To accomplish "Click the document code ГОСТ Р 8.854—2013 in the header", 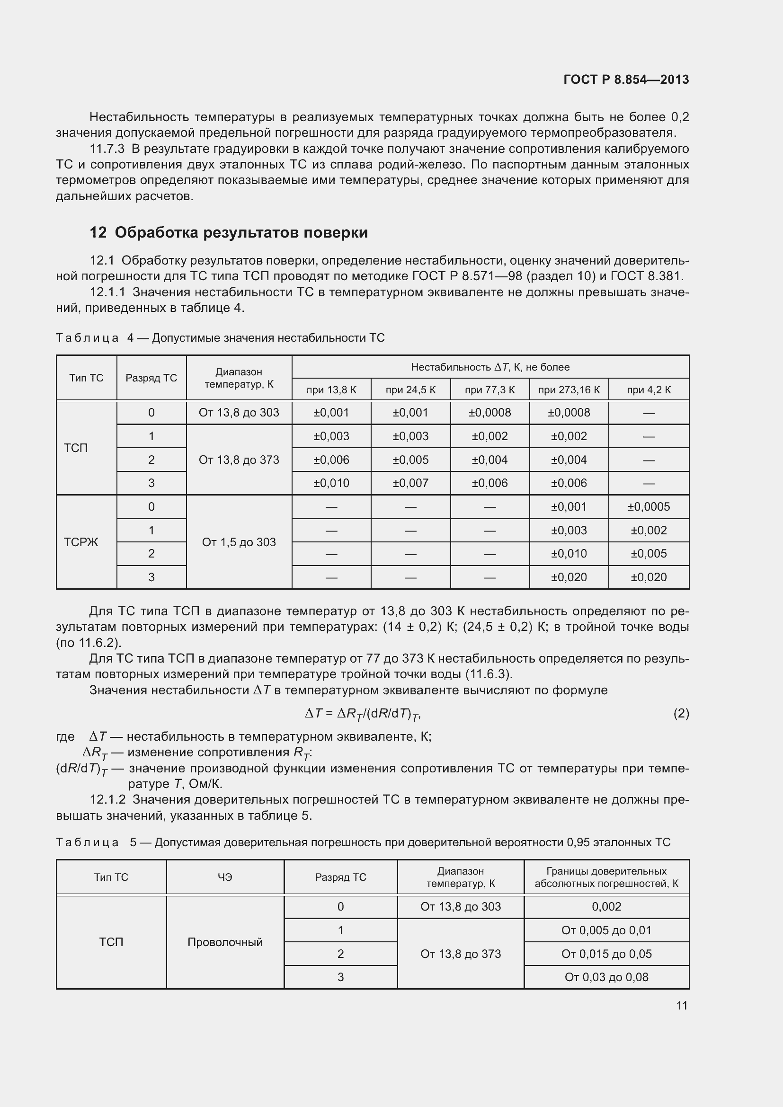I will [x=626, y=80].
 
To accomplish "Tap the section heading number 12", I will [x=98, y=232].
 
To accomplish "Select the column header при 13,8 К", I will [x=331, y=390].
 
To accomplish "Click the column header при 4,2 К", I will [x=649, y=390].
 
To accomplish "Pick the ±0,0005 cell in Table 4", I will [x=649, y=507].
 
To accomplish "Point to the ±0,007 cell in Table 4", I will [x=410, y=483].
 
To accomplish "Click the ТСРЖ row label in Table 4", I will [x=81, y=542].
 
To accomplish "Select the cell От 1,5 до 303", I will [x=239, y=542].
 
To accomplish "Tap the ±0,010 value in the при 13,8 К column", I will [x=331, y=483].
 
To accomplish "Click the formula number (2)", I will [x=681, y=713].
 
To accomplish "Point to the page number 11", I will [x=681, y=1005].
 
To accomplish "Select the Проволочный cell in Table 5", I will [x=225, y=942].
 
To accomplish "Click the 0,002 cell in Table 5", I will [x=606, y=906].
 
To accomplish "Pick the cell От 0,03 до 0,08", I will [x=606, y=977].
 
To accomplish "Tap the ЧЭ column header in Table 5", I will [x=225, y=877].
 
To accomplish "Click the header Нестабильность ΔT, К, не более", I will [x=490, y=367].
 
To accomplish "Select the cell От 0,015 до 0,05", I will [x=606, y=954].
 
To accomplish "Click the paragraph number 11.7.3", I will [x=107, y=149].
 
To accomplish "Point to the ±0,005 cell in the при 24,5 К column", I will [x=410, y=460].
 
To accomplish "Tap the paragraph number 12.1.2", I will [x=107, y=799].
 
